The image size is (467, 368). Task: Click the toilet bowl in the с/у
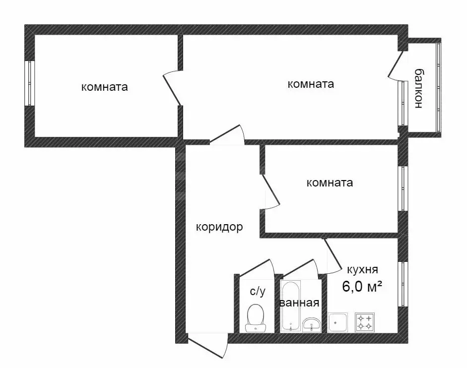[x=256, y=316]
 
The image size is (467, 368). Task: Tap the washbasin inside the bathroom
[x=312, y=324]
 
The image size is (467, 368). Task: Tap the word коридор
[x=219, y=227]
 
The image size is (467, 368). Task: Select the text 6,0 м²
[x=362, y=286]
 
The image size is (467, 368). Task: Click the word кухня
[x=362, y=270]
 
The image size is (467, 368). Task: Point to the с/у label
[x=257, y=291]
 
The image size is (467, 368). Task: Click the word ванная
[x=299, y=303]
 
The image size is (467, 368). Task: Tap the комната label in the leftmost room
[x=104, y=87]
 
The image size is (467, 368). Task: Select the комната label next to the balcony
[x=311, y=84]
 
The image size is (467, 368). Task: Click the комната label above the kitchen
[x=330, y=183]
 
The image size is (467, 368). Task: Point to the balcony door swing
[x=397, y=64]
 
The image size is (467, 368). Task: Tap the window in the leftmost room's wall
[x=29, y=83]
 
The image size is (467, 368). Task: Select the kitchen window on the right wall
[x=403, y=284]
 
